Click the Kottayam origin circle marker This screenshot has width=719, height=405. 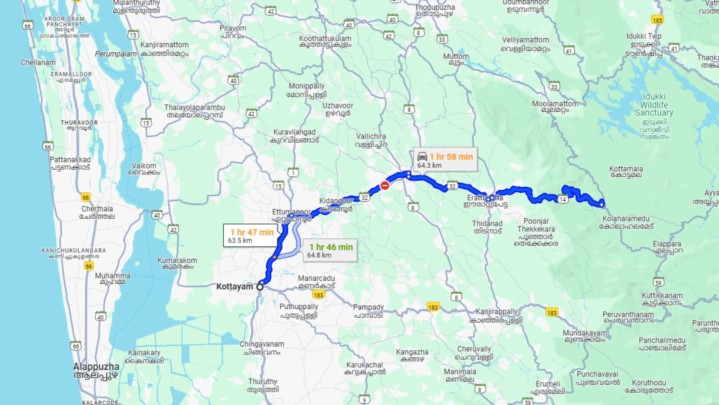(x=260, y=287)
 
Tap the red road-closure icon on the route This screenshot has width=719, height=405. (x=385, y=185)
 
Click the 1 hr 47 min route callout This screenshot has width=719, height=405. (x=251, y=236)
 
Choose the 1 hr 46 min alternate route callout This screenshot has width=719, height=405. (x=330, y=250)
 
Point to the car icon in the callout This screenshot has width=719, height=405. (x=422, y=157)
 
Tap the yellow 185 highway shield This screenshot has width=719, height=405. (x=657, y=20)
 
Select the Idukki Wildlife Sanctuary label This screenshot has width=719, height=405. (x=654, y=105)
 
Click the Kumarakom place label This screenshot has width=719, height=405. (x=177, y=263)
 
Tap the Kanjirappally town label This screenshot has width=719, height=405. (x=496, y=315)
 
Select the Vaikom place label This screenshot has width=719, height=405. (x=144, y=169)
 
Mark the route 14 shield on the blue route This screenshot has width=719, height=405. (x=562, y=199)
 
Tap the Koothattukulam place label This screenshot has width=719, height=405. (x=325, y=41)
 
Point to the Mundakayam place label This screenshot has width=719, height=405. (x=585, y=336)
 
